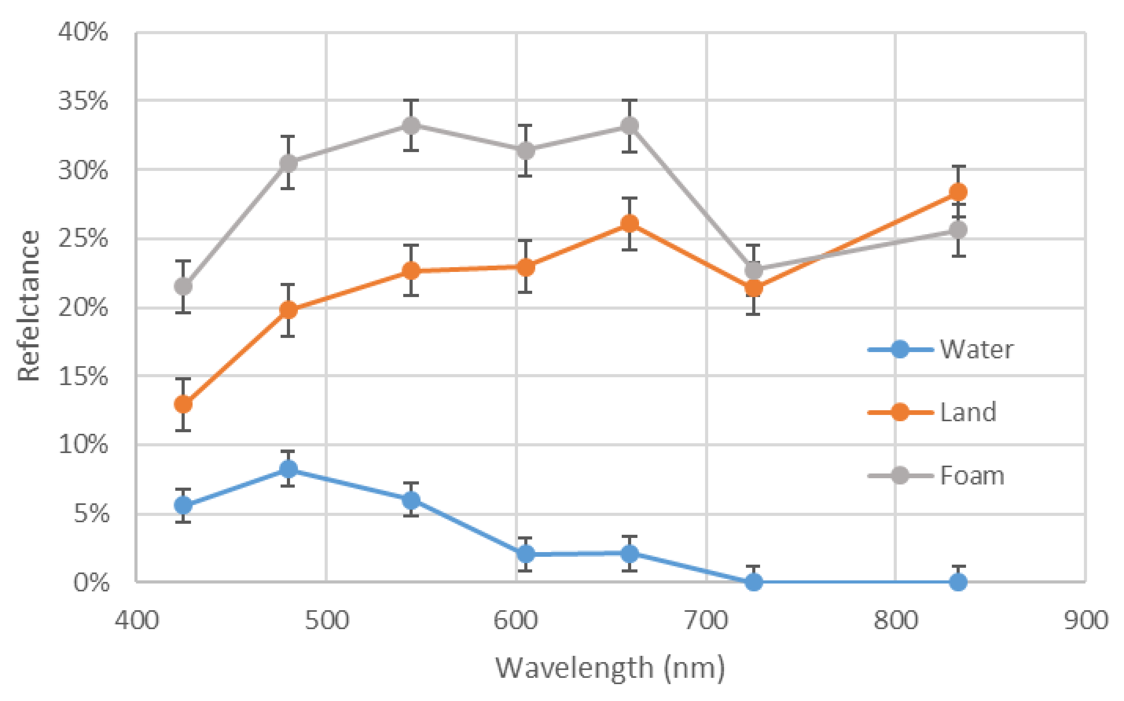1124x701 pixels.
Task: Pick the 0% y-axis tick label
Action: coord(91,582)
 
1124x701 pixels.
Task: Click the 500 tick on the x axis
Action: coord(327,620)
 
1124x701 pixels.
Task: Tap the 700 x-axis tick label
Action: coord(706,620)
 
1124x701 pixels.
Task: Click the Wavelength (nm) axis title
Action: coord(610,668)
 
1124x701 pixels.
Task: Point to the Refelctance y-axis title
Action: coord(29,306)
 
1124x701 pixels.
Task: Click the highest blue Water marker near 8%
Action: coord(288,469)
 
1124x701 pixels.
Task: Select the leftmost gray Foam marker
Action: coord(183,286)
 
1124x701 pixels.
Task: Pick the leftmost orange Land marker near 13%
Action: coord(183,404)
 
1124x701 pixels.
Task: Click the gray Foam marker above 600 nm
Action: coord(525,150)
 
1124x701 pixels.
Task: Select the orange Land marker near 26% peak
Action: coord(629,224)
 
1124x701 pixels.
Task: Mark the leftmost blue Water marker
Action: coord(183,505)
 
